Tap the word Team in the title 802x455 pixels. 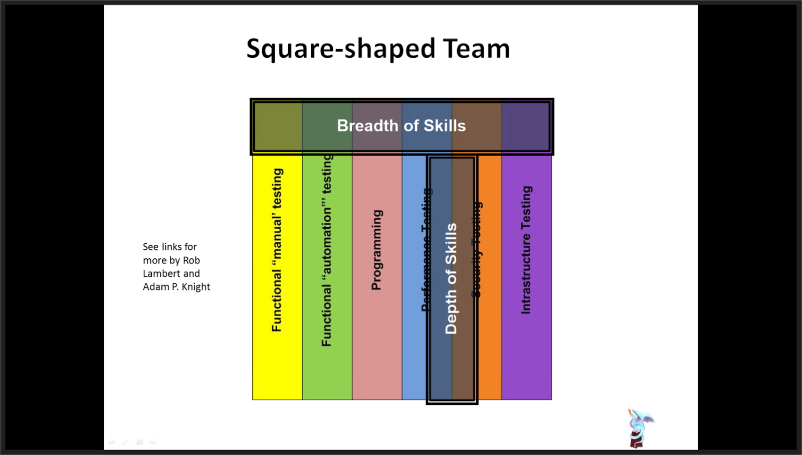point(476,49)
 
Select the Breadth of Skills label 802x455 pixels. point(401,125)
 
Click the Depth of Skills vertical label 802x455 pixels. point(451,278)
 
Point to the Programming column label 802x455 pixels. point(376,250)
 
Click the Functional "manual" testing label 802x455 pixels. point(277,250)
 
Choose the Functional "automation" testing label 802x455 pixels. point(327,250)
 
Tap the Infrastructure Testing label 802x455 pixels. point(526,250)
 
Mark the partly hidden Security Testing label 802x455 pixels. point(477,249)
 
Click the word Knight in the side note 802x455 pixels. point(196,287)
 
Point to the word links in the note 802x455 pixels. point(172,247)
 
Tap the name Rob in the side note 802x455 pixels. point(191,260)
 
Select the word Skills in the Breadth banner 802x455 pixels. point(445,125)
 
